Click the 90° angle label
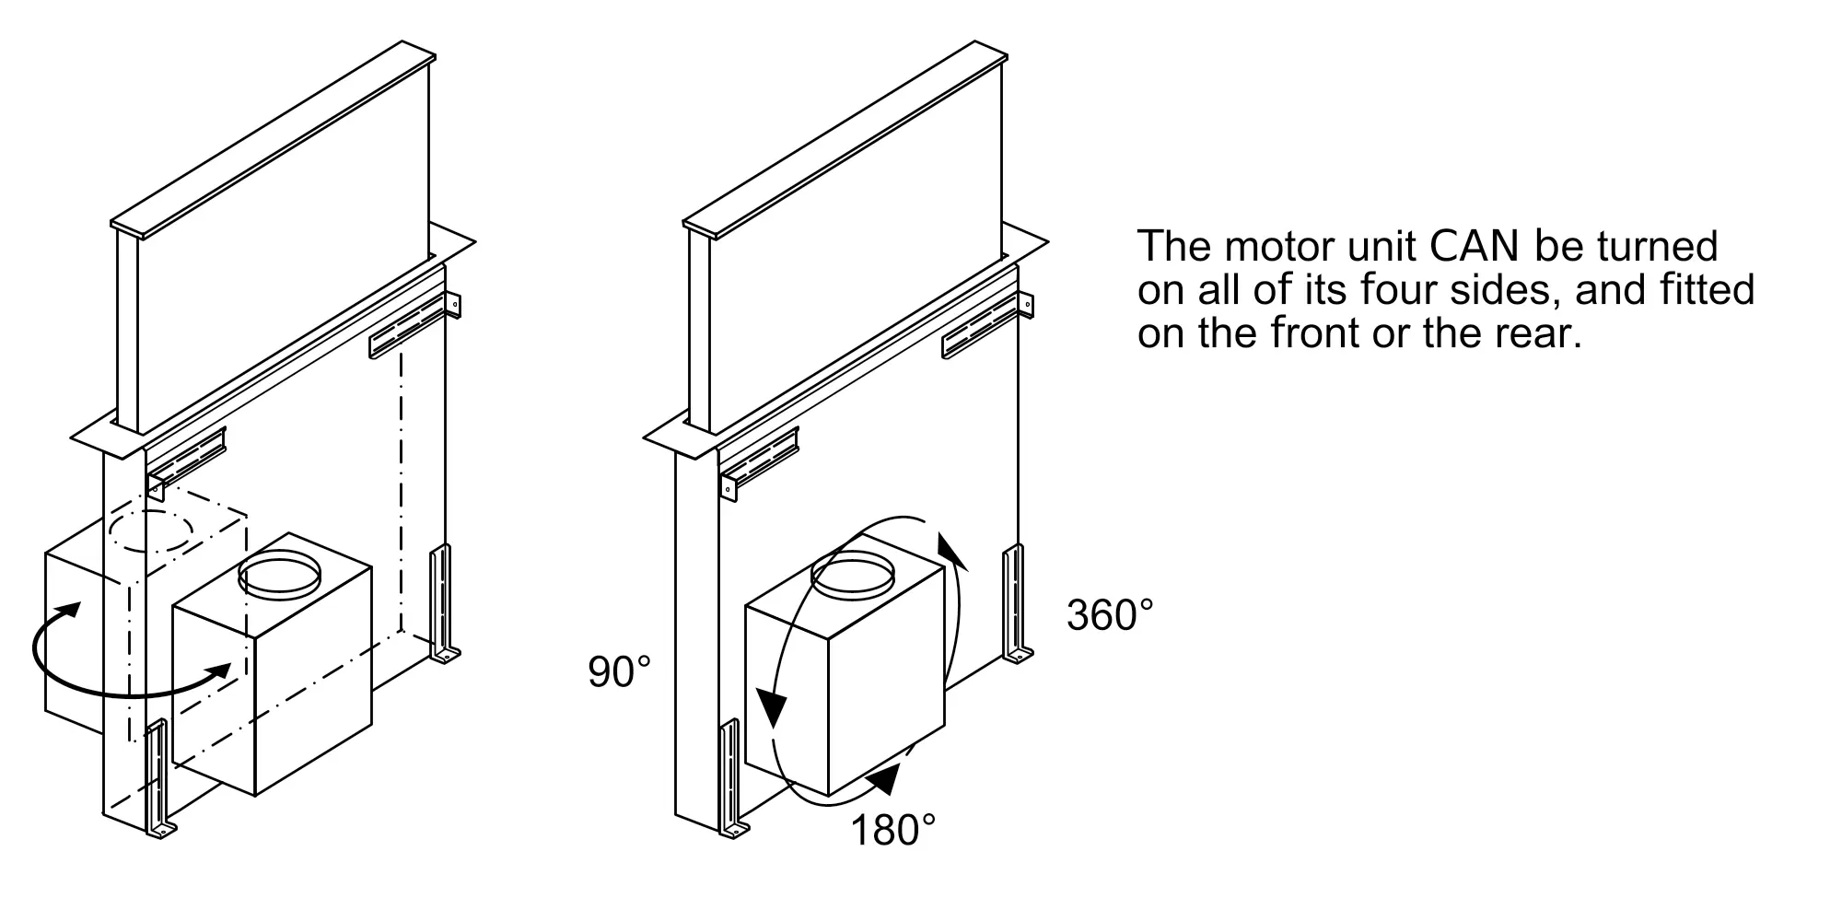coord(620,672)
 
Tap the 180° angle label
coord(892,830)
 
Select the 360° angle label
coord(1110,614)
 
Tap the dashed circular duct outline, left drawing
coord(152,531)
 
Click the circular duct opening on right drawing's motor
coord(852,574)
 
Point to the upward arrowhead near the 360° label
coord(949,549)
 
